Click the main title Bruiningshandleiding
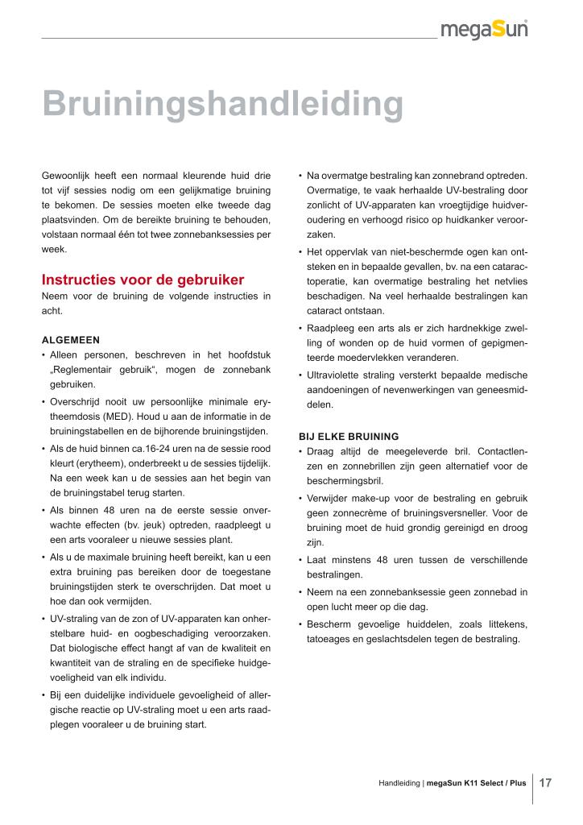click(x=222, y=105)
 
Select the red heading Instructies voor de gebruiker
click(x=143, y=280)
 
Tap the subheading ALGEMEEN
click(x=71, y=339)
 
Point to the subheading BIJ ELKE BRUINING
click(x=349, y=436)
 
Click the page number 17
click(x=546, y=782)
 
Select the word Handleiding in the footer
click(x=399, y=783)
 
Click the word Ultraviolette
click(x=340, y=375)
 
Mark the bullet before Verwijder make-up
click(x=300, y=498)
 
